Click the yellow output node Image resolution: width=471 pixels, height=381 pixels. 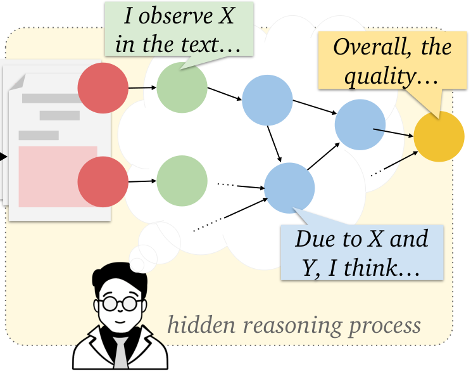pos(439,136)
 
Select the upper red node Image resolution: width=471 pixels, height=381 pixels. pos(103,88)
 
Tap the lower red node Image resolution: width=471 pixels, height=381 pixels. pos(103,183)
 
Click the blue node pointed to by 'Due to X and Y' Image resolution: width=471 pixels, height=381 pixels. pos(289,188)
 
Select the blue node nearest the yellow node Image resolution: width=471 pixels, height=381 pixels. pos(360,124)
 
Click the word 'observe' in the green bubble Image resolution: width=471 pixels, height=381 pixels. pos(181,17)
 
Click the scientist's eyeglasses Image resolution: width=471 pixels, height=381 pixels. pos(120,303)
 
